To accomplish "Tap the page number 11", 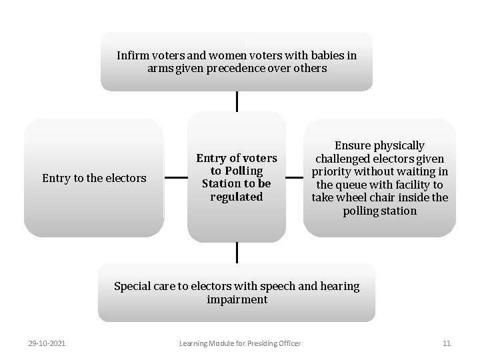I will [447, 343].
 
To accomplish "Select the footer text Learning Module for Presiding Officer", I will [240, 343].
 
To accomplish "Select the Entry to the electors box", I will [93, 178].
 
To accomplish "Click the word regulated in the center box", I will [236, 197].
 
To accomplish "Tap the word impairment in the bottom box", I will [237, 299].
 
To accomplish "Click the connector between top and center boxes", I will [237, 101].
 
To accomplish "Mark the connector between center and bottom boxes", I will [237, 252].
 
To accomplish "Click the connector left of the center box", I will [175, 178].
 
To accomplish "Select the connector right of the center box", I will [294, 178].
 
